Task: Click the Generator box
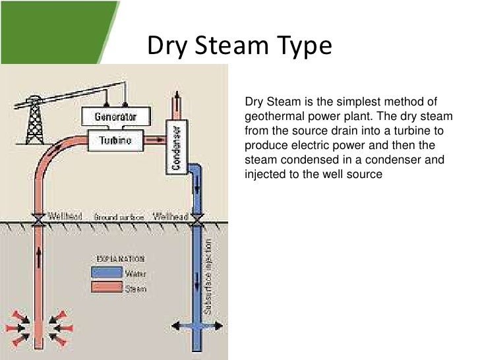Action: coord(115,117)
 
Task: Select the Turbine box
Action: coord(115,140)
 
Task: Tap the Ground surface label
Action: coord(117,217)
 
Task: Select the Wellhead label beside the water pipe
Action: coord(169,216)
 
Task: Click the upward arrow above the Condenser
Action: coord(177,102)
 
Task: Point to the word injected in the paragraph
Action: coord(265,175)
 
